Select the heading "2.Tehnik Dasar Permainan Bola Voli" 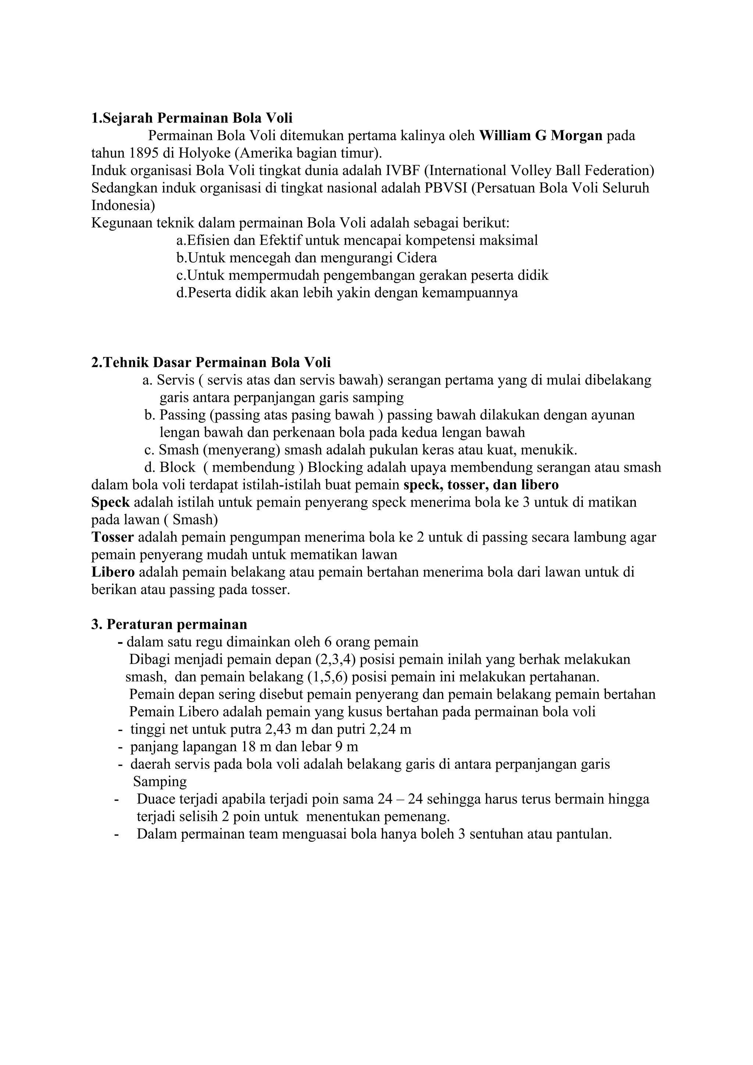point(211,362)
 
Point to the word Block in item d point(178,467)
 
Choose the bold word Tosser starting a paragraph point(113,537)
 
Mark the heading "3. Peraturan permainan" point(169,624)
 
